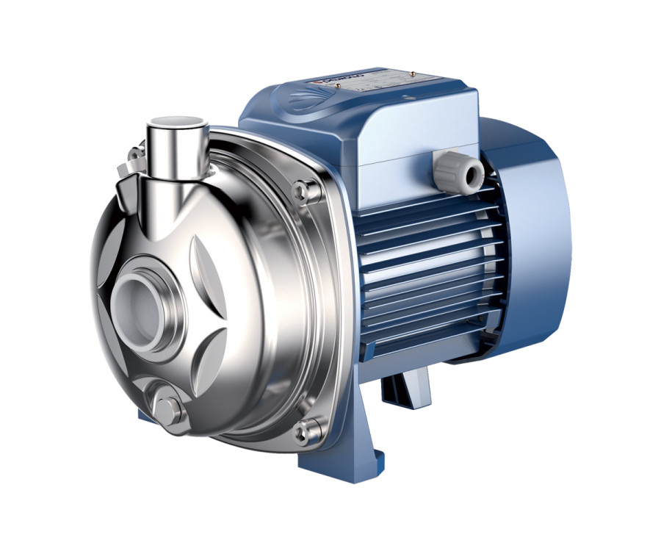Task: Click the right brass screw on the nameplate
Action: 414,73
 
